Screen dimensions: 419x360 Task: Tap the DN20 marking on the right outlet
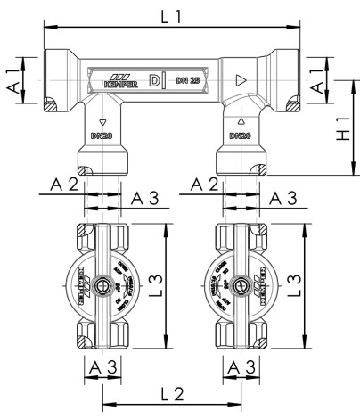[239, 136]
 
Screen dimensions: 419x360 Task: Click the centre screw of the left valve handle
[105, 287]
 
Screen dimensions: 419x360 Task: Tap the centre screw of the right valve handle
[241, 287]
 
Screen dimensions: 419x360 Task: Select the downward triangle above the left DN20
[102, 122]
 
